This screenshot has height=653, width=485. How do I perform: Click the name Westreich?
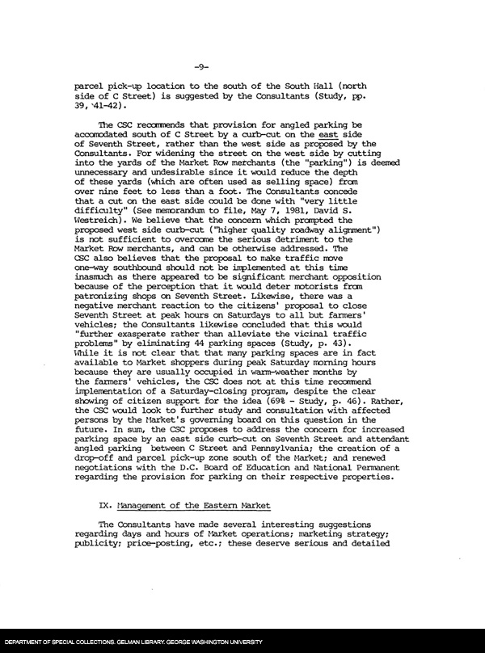(99, 239)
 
